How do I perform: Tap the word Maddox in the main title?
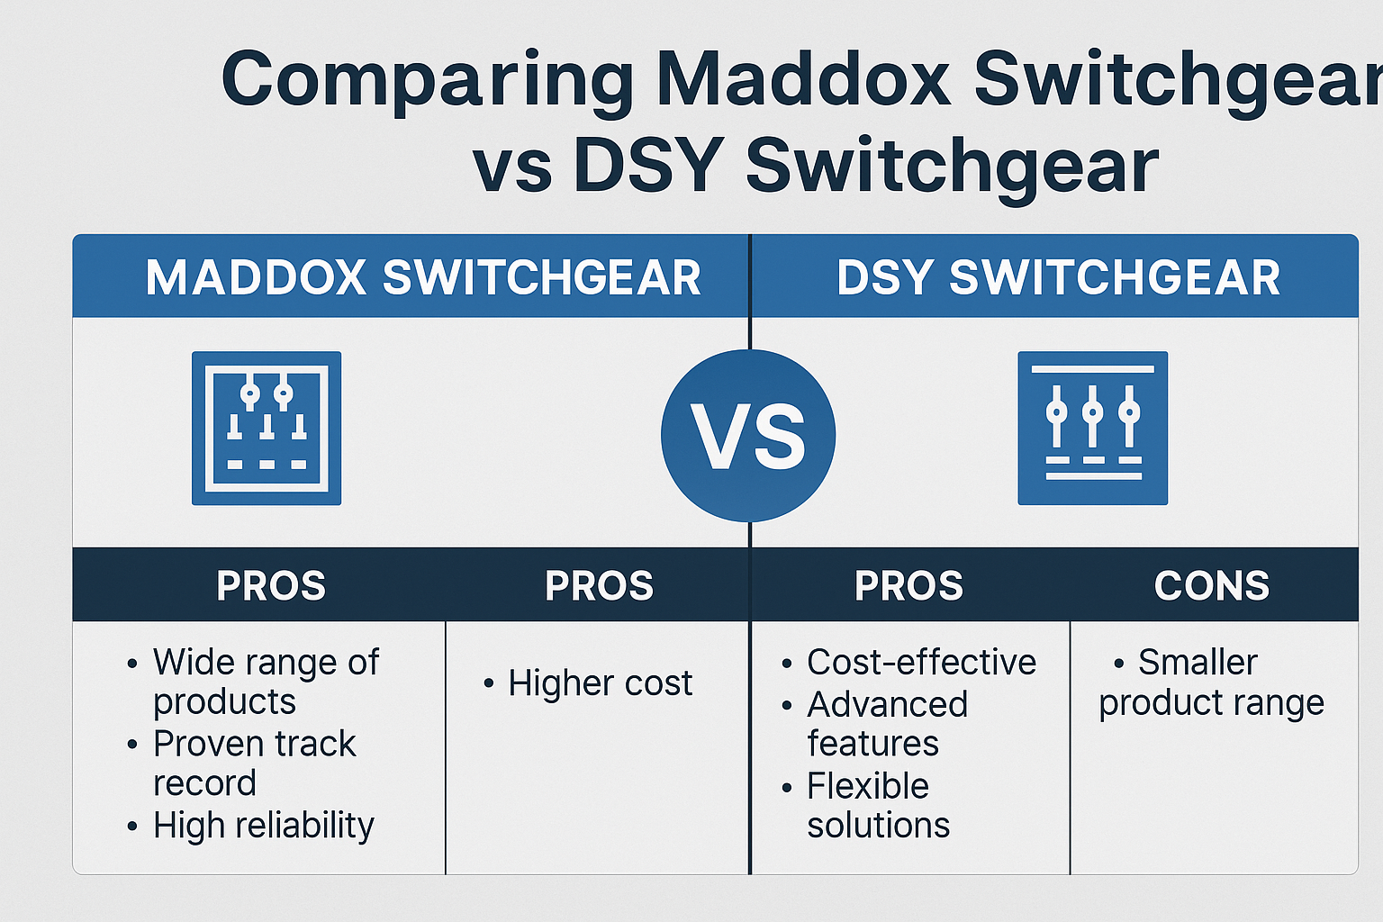(803, 77)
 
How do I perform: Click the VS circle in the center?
(748, 436)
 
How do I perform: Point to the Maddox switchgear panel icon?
(267, 429)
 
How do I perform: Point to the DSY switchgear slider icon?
(1093, 429)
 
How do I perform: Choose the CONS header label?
(1211, 585)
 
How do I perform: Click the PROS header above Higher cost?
(599, 585)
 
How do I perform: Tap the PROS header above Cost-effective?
(908, 585)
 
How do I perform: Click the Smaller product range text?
(1211, 683)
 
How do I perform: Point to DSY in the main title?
(648, 166)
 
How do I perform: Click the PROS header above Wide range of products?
(270, 585)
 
